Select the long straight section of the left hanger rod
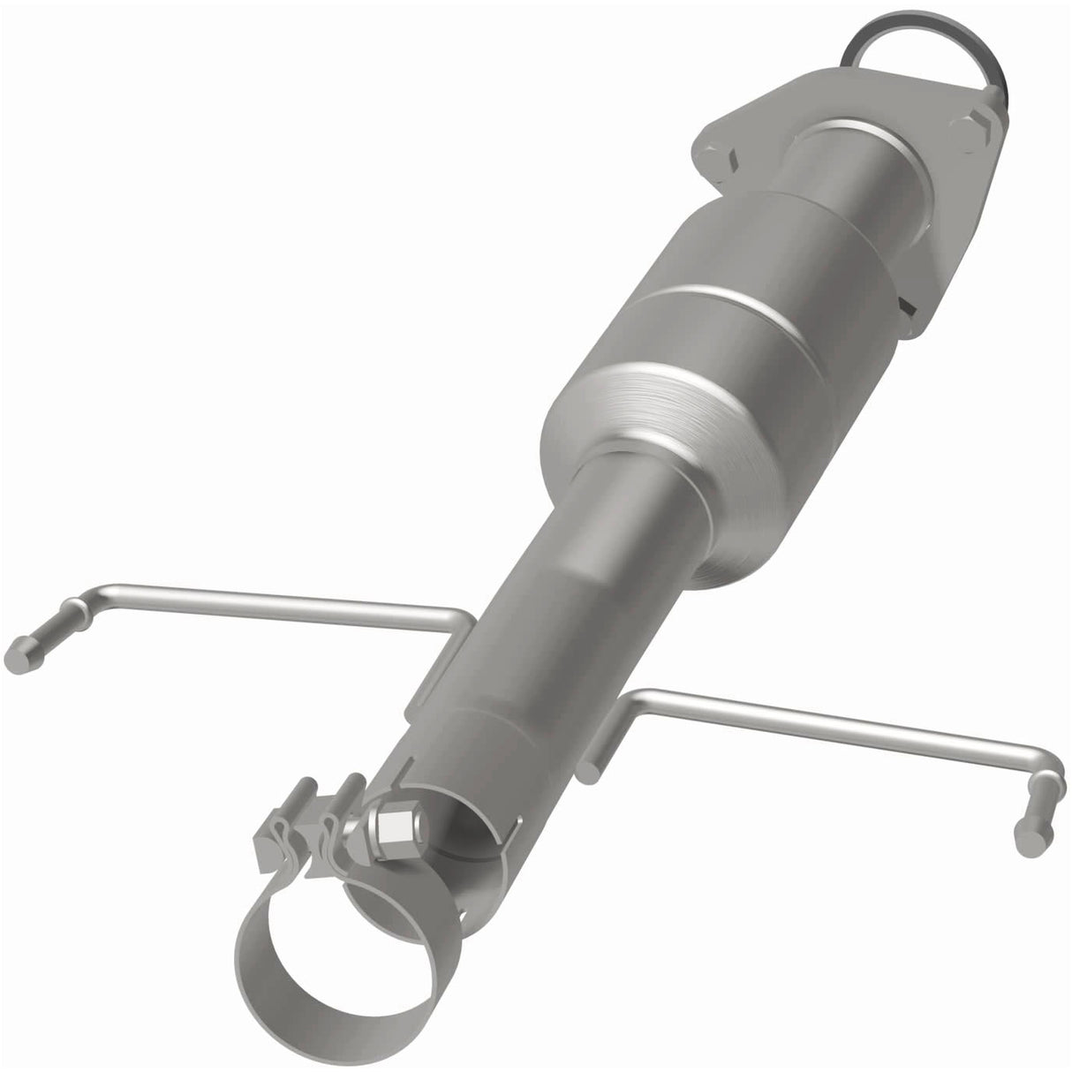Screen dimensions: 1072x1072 click(265, 596)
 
